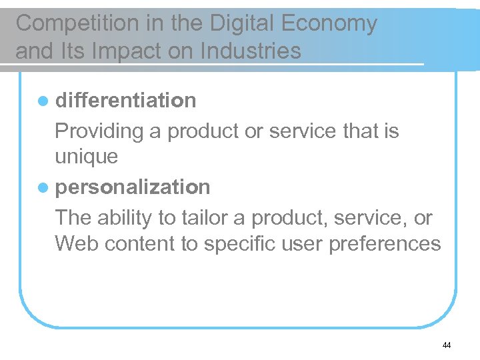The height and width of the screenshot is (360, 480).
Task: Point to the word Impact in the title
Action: click(x=120, y=51)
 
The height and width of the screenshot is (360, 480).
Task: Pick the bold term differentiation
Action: click(x=126, y=100)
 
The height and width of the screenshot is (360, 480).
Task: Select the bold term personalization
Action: click(x=133, y=187)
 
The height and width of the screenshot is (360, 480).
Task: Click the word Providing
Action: click(x=99, y=131)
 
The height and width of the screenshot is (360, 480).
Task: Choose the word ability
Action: click(x=125, y=218)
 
